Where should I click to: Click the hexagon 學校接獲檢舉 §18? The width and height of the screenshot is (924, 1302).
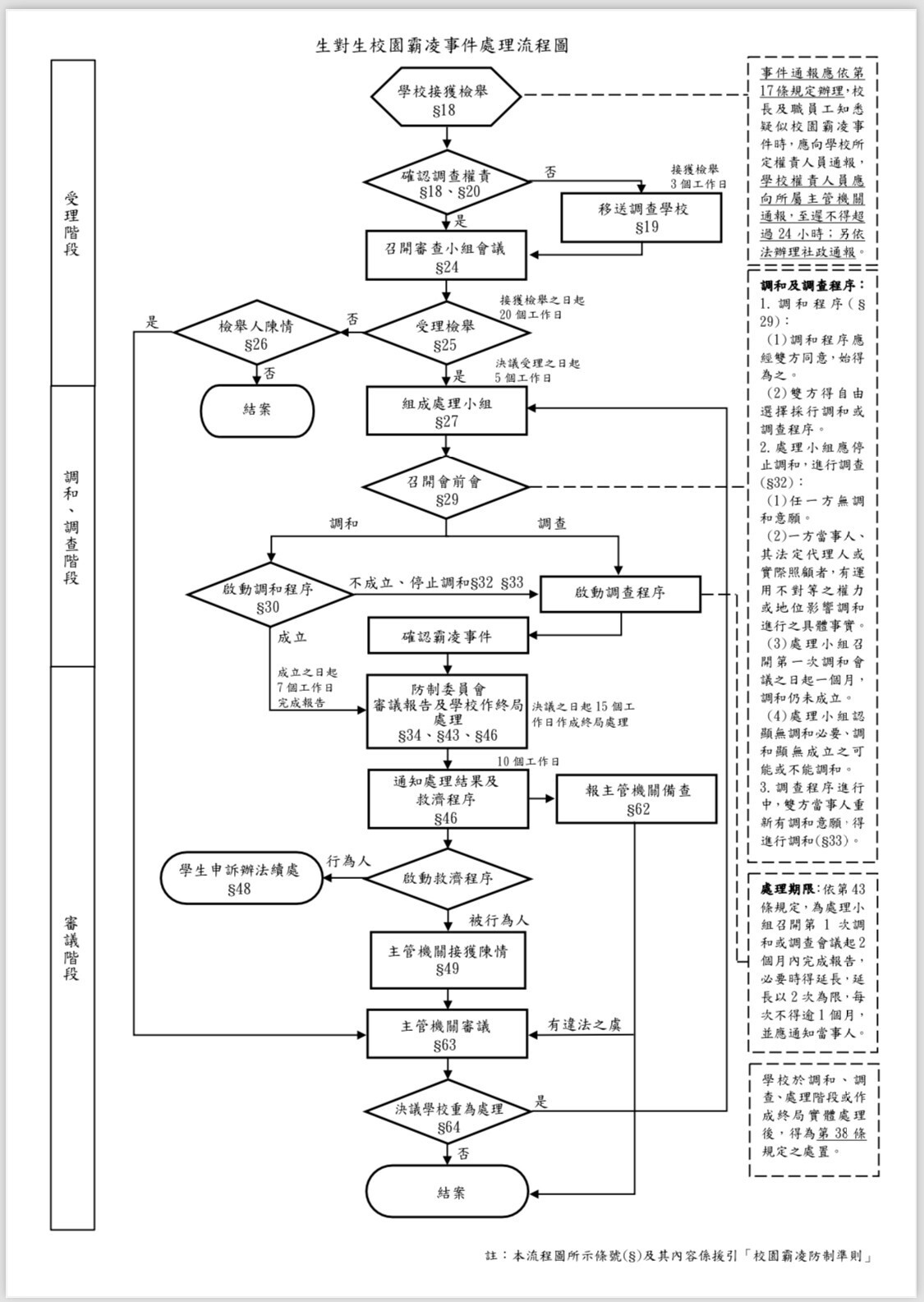tap(446, 96)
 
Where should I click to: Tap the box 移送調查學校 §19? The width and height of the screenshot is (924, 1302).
tap(641, 218)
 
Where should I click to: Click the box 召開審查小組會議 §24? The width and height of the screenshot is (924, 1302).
tap(446, 255)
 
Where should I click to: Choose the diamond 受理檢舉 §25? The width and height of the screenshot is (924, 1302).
tap(446, 333)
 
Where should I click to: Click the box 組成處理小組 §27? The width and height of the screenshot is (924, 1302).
tap(446, 411)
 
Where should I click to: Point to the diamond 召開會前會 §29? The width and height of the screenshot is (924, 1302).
tap(446, 487)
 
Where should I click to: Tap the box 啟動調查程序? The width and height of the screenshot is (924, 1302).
tap(621, 594)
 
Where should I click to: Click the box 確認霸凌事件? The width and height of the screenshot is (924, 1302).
tap(448, 635)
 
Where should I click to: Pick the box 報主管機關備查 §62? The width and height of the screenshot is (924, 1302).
tap(637, 798)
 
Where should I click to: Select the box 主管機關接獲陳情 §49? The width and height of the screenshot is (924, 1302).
tap(448, 959)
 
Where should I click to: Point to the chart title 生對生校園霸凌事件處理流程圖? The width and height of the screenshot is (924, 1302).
tap(442, 45)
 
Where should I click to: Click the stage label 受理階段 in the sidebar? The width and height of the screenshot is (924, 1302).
tap(71, 223)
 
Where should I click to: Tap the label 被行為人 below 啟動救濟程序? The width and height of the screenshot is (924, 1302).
tap(499, 920)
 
